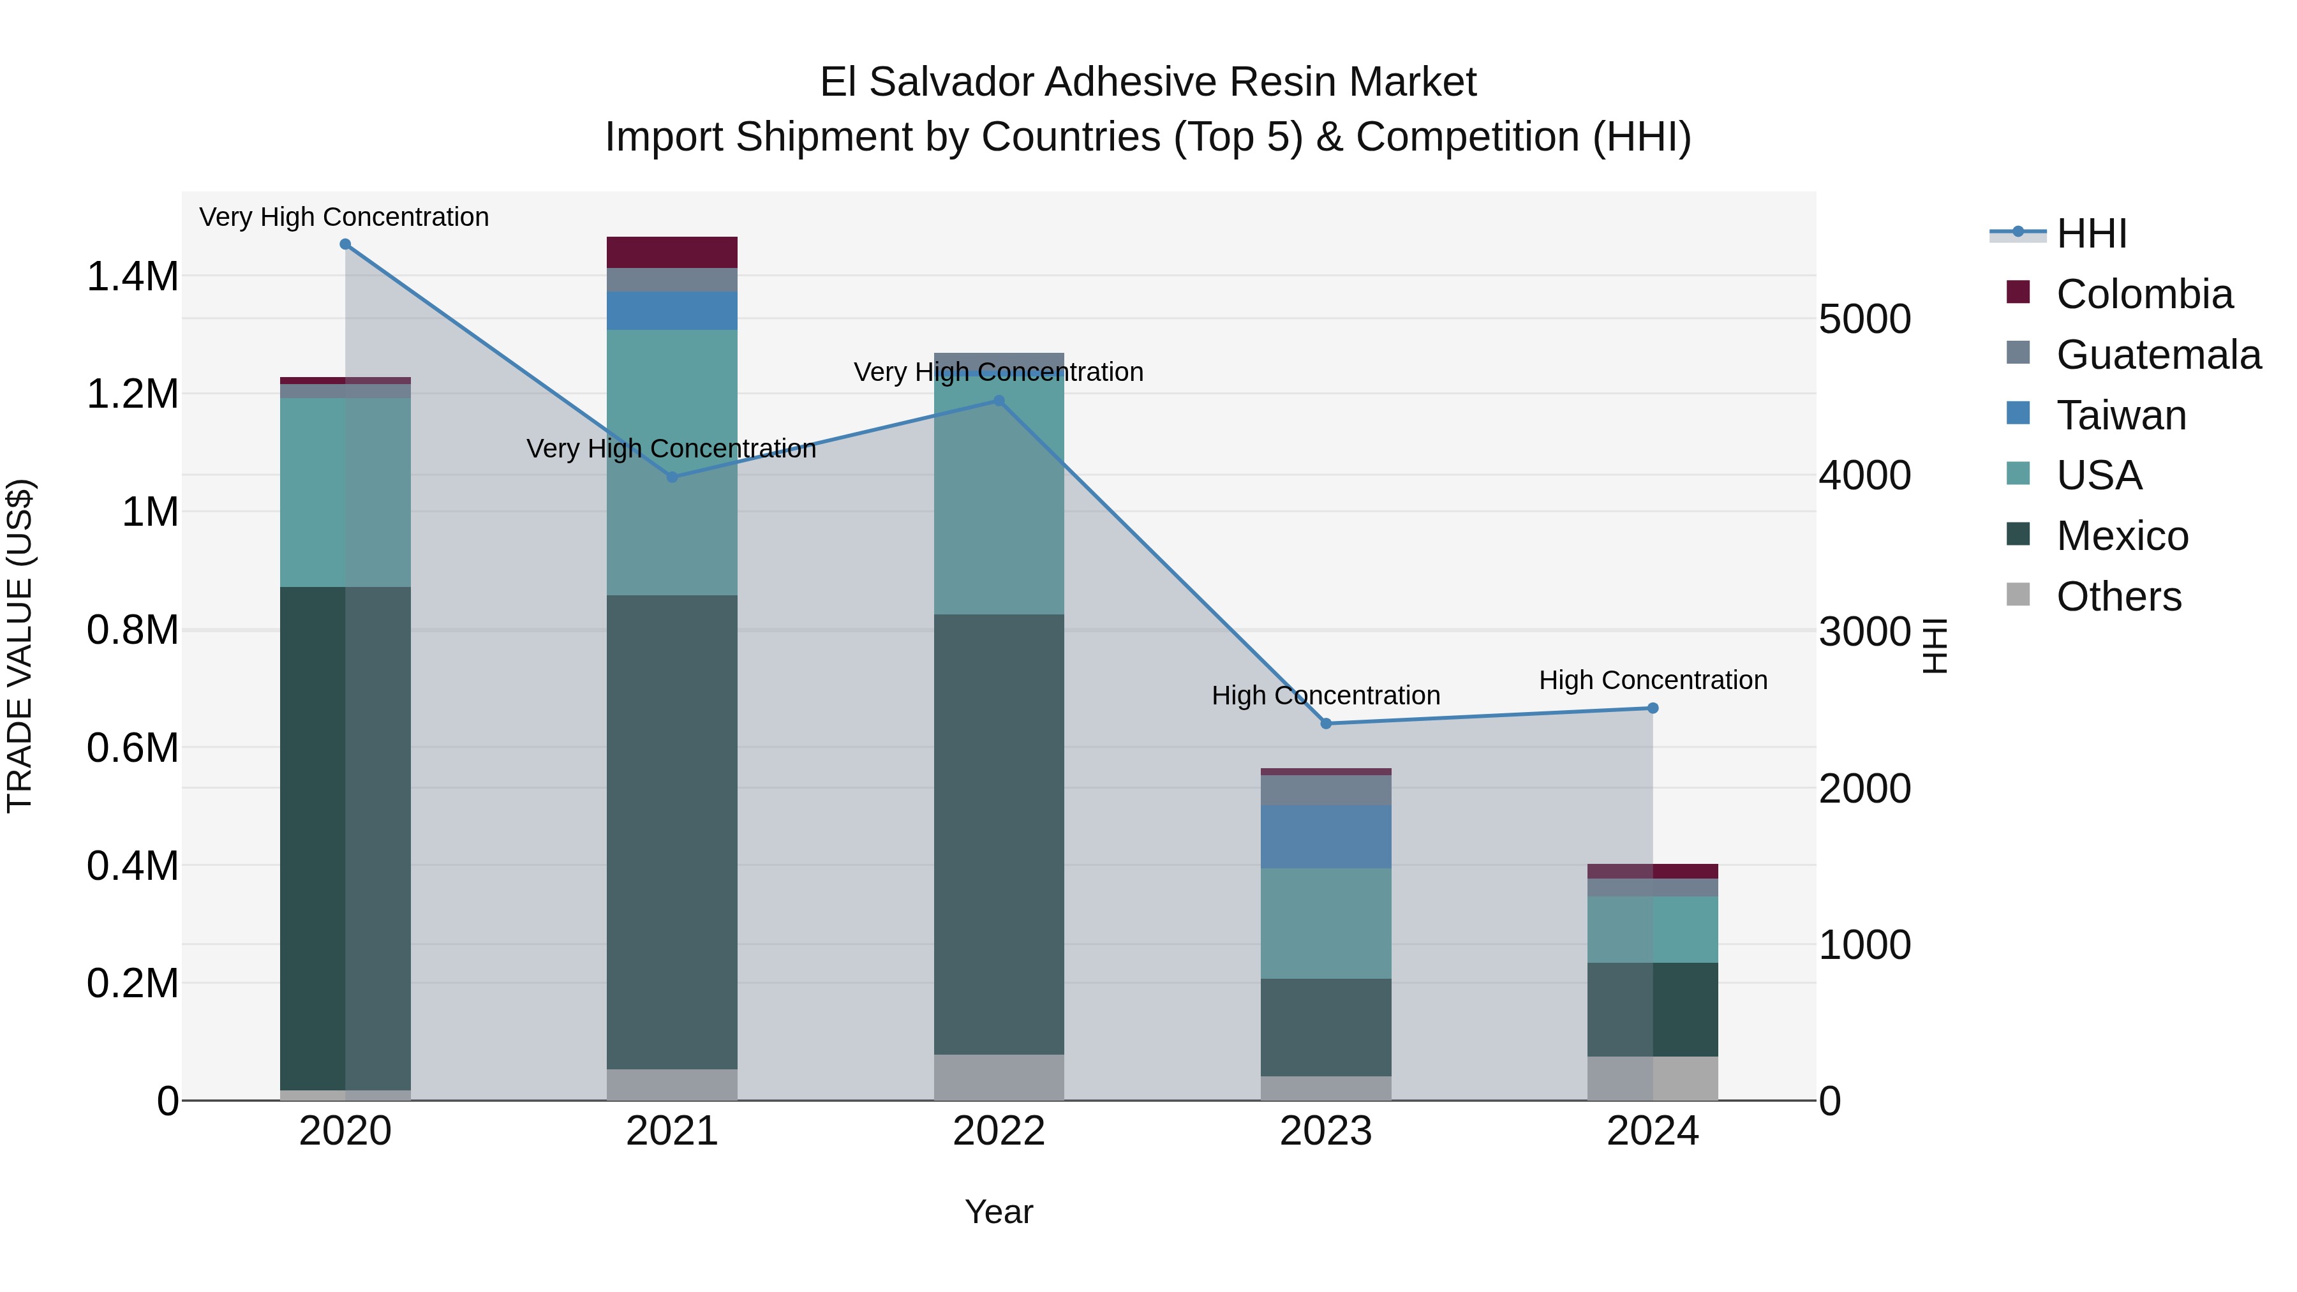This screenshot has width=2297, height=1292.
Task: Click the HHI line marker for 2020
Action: point(345,244)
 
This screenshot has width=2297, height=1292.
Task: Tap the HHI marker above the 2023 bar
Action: point(1325,723)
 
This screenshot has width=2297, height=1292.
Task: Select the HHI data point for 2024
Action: point(1653,708)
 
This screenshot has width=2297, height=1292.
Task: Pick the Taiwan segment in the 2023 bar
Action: point(1325,836)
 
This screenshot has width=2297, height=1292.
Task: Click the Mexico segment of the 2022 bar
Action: point(999,834)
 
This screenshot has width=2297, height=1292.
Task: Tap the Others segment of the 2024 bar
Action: point(1653,1078)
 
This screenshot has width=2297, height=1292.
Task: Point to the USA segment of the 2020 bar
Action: point(345,492)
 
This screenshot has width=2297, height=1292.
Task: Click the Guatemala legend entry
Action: point(2158,355)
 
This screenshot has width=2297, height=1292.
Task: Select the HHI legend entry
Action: point(2091,234)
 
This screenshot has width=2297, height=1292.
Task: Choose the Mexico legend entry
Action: point(2122,536)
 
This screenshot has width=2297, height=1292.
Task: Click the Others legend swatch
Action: point(2018,595)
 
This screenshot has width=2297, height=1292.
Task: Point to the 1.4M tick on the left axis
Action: point(132,276)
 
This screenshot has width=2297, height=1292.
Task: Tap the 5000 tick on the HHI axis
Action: point(1864,319)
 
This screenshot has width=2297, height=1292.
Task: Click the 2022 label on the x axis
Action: point(999,1131)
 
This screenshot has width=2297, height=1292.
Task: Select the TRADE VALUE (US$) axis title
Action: point(20,646)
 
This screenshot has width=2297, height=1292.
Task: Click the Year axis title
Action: point(999,1212)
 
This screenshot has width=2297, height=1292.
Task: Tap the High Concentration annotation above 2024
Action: point(1653,679)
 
